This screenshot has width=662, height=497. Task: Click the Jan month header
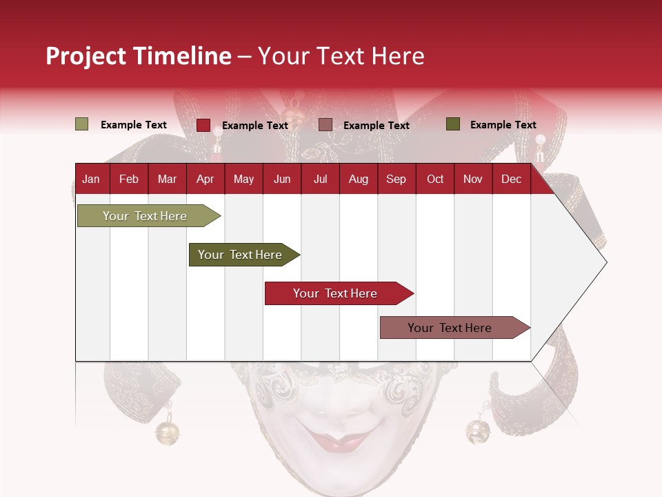91,179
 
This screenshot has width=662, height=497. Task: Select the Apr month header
205,179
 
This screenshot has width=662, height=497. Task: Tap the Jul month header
320,179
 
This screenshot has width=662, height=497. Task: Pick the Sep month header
396,179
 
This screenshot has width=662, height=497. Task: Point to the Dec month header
511,179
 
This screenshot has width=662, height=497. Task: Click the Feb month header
129,179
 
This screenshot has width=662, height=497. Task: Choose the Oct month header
435,179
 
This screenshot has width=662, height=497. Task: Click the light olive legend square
81,124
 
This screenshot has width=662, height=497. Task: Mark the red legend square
203,125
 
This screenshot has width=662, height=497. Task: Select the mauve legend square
325,125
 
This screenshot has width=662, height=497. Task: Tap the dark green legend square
453,124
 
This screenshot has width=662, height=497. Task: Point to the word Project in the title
85,56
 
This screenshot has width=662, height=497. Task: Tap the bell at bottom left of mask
166,432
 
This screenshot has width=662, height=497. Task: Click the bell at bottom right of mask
478,431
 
